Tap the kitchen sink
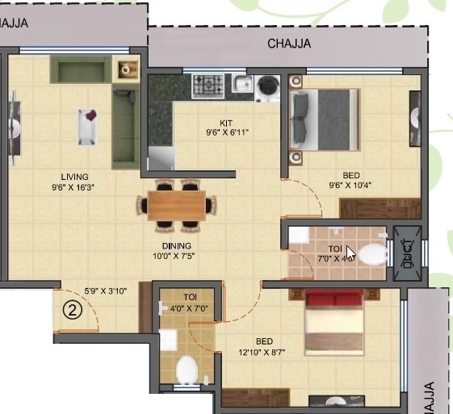coord(241,83)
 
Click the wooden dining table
coord(177,206)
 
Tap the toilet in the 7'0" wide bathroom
coord(372,255)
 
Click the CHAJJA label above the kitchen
coord(289,44)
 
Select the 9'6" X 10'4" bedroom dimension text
coord(350,185)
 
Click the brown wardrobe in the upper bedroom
coord(369,208)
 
